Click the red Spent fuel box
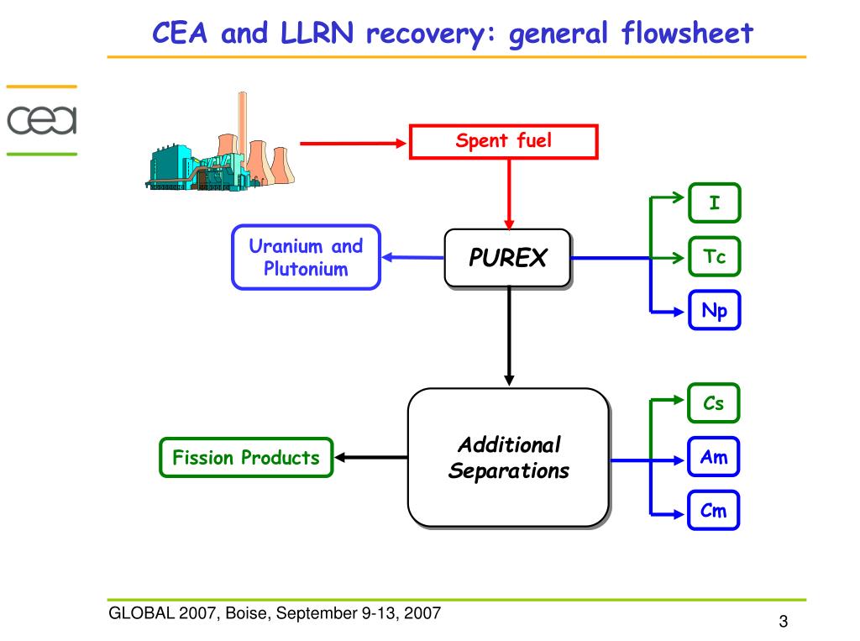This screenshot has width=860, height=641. point(504,142)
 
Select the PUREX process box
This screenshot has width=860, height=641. point(508,258)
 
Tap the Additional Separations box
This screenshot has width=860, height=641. point(509,458)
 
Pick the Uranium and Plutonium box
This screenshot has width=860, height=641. point(306,257)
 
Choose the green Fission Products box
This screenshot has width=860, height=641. point(246,457)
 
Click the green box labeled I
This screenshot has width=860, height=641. point(715,203)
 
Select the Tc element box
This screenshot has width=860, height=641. point(715,256)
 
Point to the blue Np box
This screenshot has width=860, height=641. point(715,310)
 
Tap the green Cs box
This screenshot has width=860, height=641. point(714,403)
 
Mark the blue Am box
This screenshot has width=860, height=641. point(714,457)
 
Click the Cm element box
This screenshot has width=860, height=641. point(714,511)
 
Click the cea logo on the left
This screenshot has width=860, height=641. point(42,120)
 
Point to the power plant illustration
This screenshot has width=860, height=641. point(219,142)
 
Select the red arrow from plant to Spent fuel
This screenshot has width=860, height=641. point(354,143)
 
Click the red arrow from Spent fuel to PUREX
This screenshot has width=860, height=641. point(509,194)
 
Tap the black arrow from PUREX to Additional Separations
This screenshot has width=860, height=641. point(509,336)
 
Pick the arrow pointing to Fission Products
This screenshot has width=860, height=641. point(371,457)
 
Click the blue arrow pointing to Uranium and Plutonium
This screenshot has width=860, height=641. point(413,257)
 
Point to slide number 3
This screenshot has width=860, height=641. point(784,621)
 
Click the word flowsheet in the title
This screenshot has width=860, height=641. point(688,33)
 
